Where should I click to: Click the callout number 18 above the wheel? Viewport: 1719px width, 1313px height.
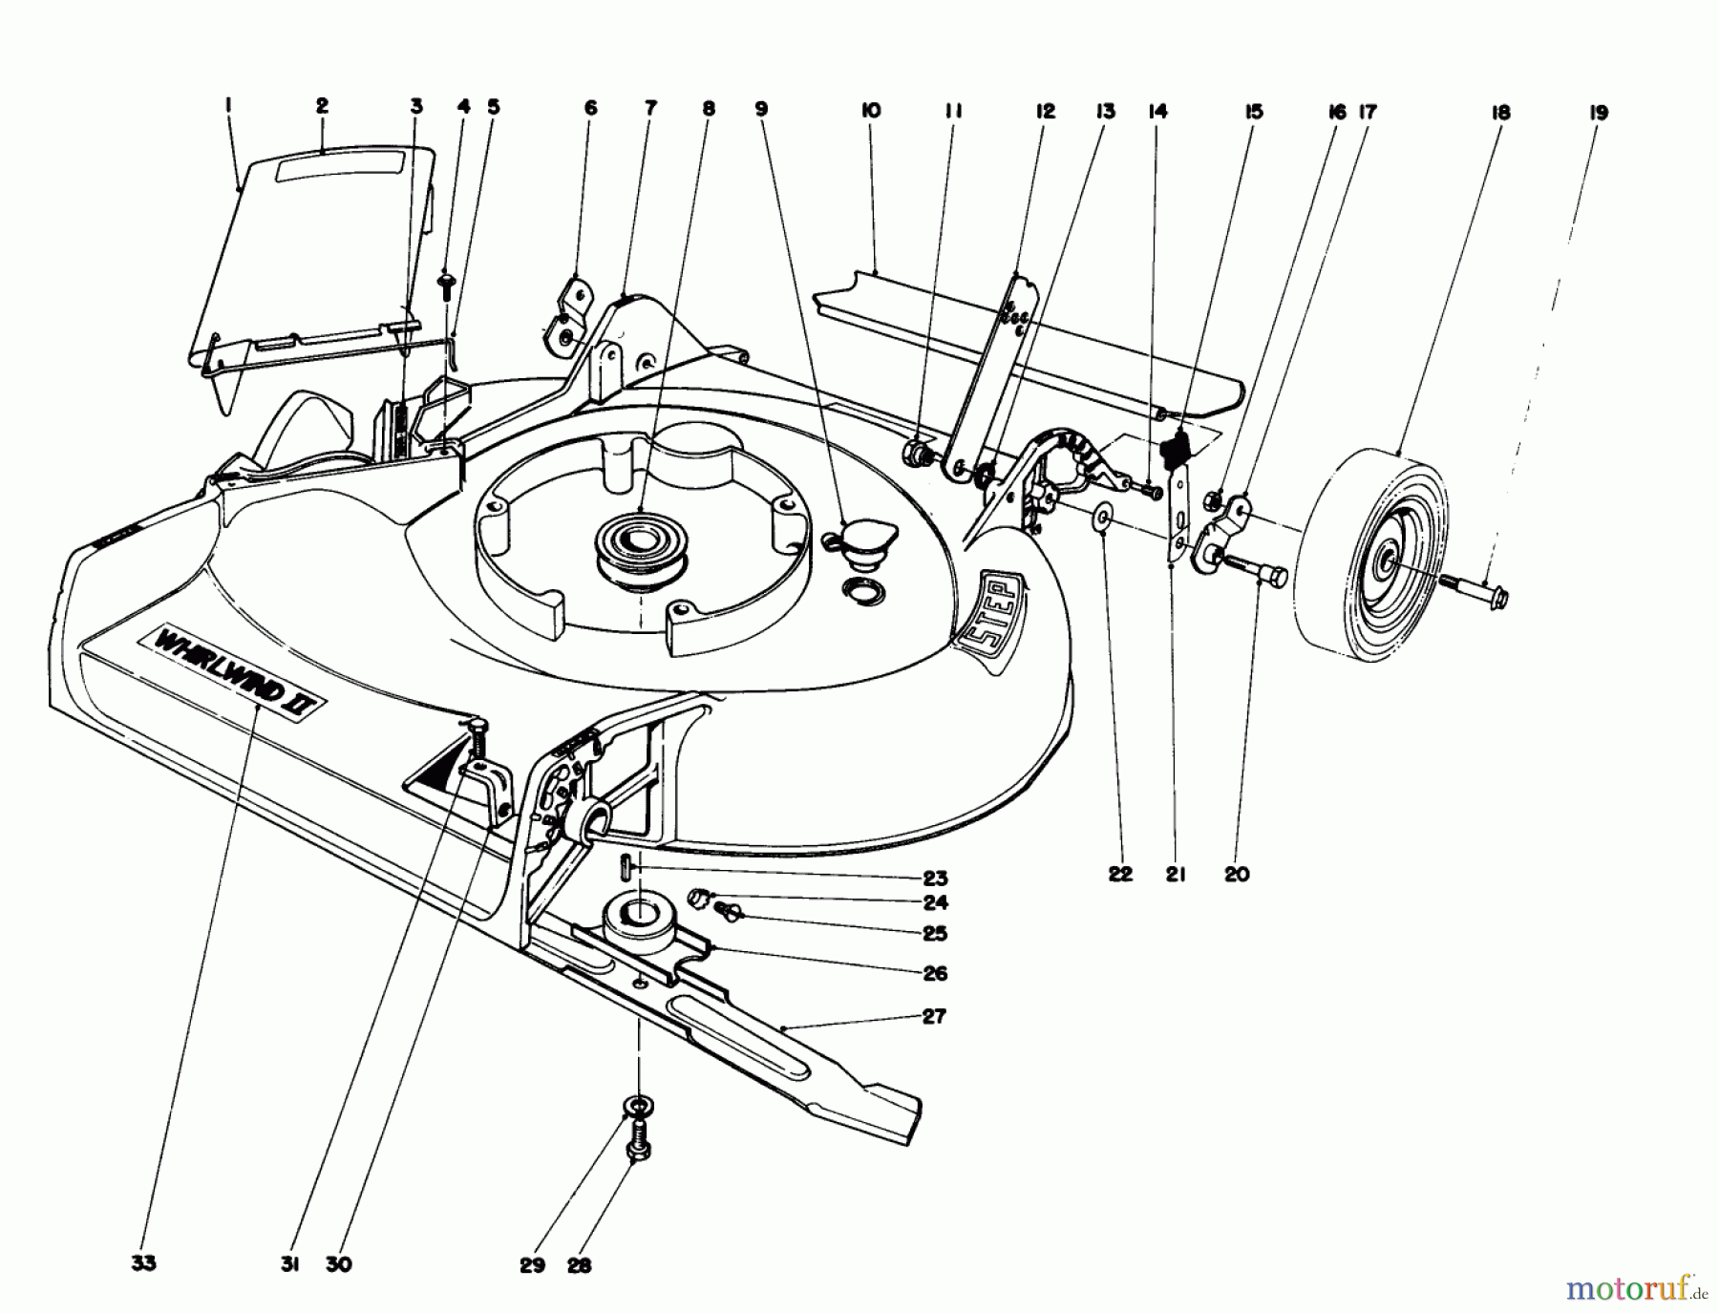1499,113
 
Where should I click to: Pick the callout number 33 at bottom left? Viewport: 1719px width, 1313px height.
143,1263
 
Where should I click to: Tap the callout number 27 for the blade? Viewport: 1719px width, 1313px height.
933,1016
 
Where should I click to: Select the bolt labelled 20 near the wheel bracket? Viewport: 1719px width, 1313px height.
1255,570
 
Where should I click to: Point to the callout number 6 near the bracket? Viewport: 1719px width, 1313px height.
590,108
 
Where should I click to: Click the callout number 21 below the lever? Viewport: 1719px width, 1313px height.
1175,873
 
